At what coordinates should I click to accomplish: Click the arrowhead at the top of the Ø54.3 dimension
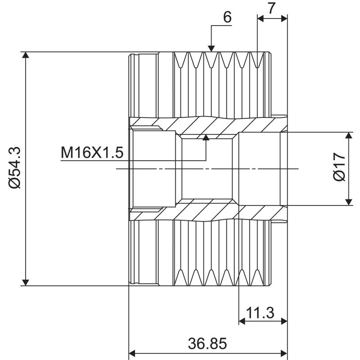tap(26, 56)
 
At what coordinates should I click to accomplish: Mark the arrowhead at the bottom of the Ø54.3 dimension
tap(26, 281)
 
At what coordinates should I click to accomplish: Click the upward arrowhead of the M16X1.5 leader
tap(206, 138)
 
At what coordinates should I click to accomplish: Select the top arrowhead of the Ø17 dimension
tap(349, 136)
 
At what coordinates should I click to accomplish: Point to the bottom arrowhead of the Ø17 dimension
tap(349, 201)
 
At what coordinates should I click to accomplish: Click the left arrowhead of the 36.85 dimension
tap(133, 353)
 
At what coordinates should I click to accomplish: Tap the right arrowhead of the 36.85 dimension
tap(283, 353)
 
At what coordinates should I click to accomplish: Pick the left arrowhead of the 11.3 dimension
tap(242, 321)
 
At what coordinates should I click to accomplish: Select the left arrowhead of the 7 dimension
tap(261, 18)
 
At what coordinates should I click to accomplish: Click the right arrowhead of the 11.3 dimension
tap(283, 321)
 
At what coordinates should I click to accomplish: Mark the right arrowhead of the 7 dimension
tap(283, 18)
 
